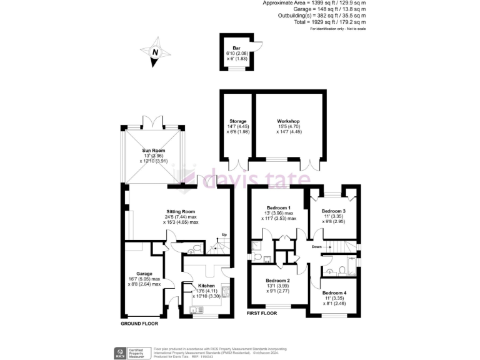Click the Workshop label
pyautogui.click(x=289, y=121)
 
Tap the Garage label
pyautogui.click(x=144, y=272)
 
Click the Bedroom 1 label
pyautogui.click(x=277, y=208)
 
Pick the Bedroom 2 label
pyautogui.click(x=277, y=281)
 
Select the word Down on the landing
pyautogui.click(x=316, y=247)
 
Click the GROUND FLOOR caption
pyautogui.click(x=139, y=324)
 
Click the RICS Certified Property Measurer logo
pyautogui.click(x=132, y=352)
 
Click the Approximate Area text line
pyautogui.click(x=314, y=3)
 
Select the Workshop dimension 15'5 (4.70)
pyautogui.click(x=289, y=127)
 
